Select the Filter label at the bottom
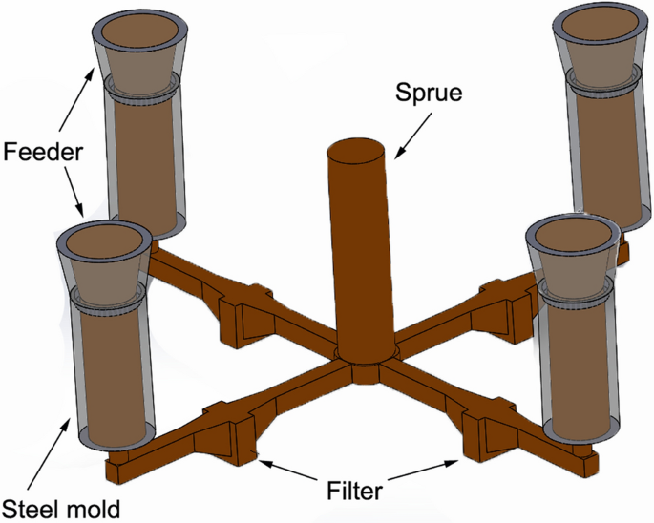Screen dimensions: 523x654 click(x=355, y=492)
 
